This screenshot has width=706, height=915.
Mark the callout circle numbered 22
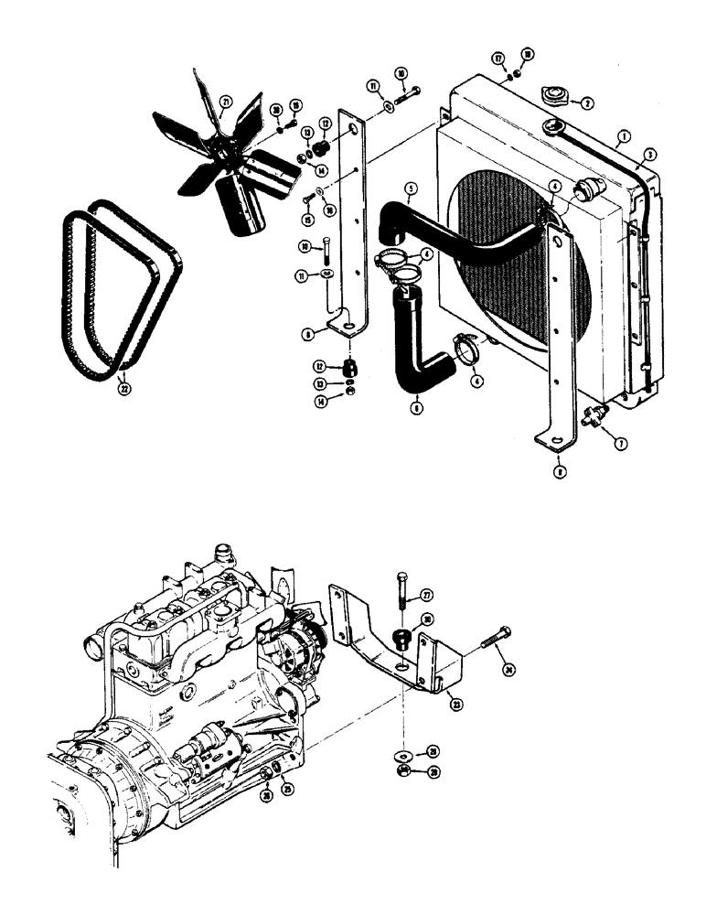point(123,387)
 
